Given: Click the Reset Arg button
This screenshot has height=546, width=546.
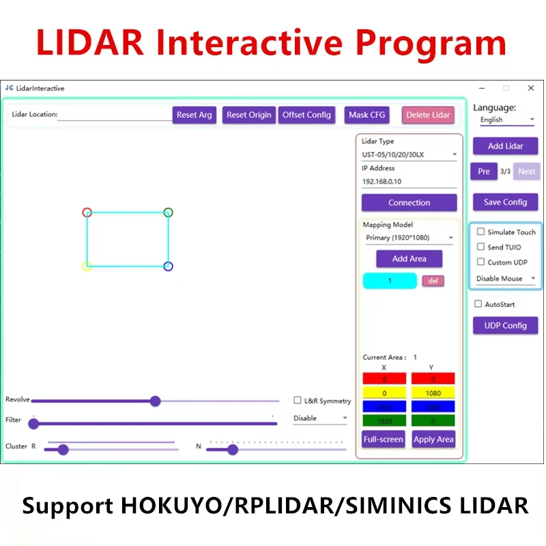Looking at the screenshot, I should coord(194,115).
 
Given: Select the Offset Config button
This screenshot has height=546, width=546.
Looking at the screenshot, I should coord(306,115).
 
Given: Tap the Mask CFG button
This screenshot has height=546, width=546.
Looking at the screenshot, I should coord(367,115).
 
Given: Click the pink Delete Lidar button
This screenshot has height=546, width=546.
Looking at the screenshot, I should coord(428,115).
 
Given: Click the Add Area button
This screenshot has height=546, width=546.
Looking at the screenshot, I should coord(409,259).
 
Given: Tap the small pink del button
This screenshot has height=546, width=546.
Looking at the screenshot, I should coord(433,281).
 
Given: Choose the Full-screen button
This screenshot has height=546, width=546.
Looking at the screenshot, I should coord(383,439).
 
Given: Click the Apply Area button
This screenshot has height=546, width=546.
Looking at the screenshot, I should coord(433,439).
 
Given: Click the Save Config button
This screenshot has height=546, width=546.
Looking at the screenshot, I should coord(505,202).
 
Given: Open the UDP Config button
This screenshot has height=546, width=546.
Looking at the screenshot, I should coord(505,326).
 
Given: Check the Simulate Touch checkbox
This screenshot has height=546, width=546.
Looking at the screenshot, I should coord(480,232).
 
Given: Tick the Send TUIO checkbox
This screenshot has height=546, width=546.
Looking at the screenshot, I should coord(480,247).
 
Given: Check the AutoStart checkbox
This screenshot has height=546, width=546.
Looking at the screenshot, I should coord(478,304).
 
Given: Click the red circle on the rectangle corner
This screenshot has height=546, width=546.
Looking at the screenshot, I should coord(87,212).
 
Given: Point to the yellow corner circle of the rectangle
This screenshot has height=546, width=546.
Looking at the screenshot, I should coord(87,266).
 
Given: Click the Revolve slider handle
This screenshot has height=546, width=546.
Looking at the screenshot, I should coord(155,401).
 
